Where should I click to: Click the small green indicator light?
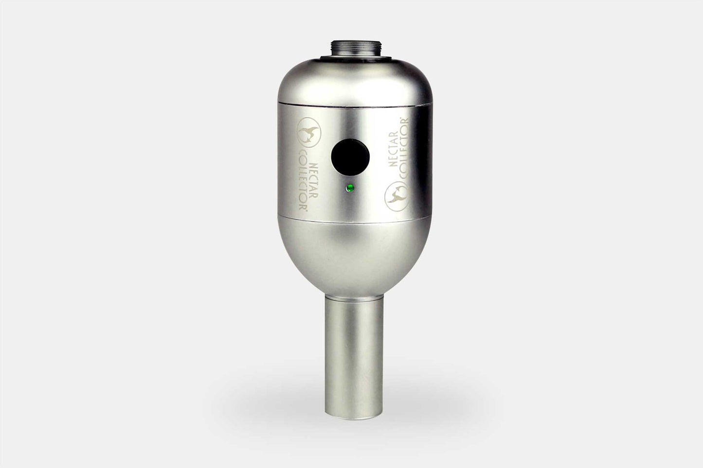pyautogui.click(x=348, y=188)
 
